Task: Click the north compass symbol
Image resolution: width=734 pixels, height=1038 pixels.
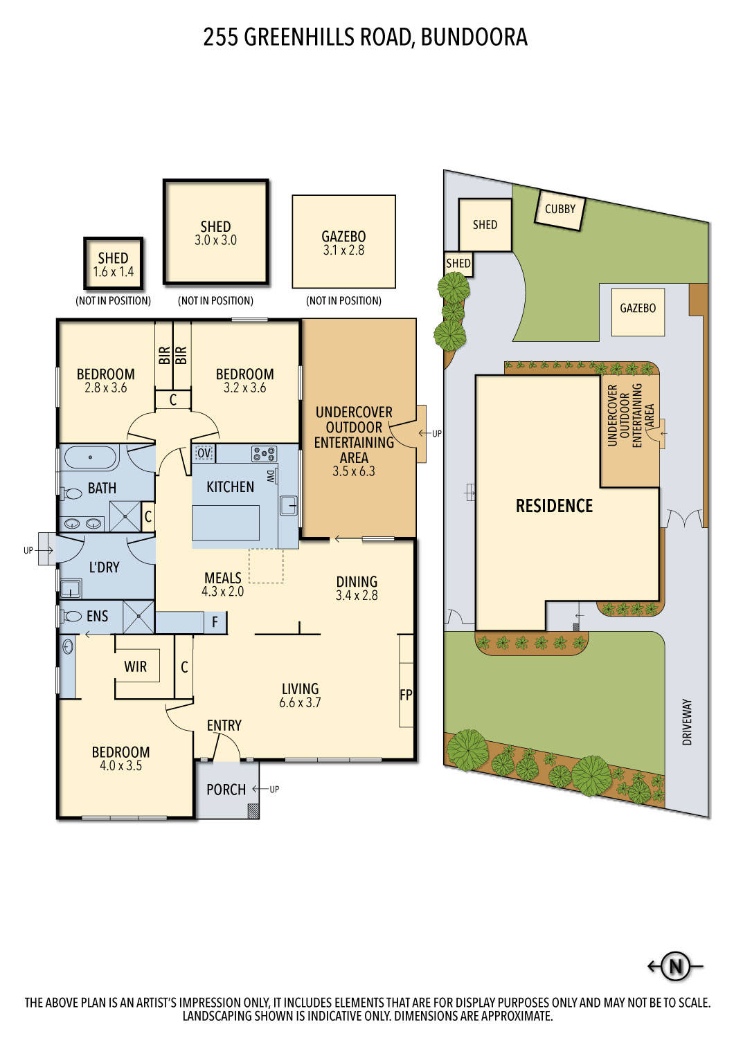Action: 676,966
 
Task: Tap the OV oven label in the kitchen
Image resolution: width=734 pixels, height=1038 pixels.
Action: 204,453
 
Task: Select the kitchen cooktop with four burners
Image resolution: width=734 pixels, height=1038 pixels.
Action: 264,454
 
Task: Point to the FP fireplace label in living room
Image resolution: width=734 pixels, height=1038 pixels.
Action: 406,695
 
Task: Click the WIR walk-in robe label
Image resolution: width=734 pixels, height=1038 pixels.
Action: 136,666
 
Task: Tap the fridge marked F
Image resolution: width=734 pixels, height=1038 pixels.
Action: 215,622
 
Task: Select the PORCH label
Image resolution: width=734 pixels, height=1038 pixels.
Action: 226,790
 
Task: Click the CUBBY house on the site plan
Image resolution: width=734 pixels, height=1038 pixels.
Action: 560,209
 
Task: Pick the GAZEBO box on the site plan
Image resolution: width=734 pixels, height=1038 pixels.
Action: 638,309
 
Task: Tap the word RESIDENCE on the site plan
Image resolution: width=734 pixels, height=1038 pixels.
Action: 554,506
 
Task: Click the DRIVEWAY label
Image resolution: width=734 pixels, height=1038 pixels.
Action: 687,721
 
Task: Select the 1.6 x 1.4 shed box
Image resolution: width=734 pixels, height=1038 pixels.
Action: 114,264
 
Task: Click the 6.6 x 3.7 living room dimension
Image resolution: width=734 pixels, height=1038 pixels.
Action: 300,703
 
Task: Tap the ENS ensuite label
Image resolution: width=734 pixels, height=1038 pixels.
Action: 97,616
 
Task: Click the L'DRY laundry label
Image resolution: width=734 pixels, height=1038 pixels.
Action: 104,567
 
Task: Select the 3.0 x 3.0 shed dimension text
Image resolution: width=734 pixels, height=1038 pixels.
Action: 215,241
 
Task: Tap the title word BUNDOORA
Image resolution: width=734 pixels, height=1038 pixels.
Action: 474,37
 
